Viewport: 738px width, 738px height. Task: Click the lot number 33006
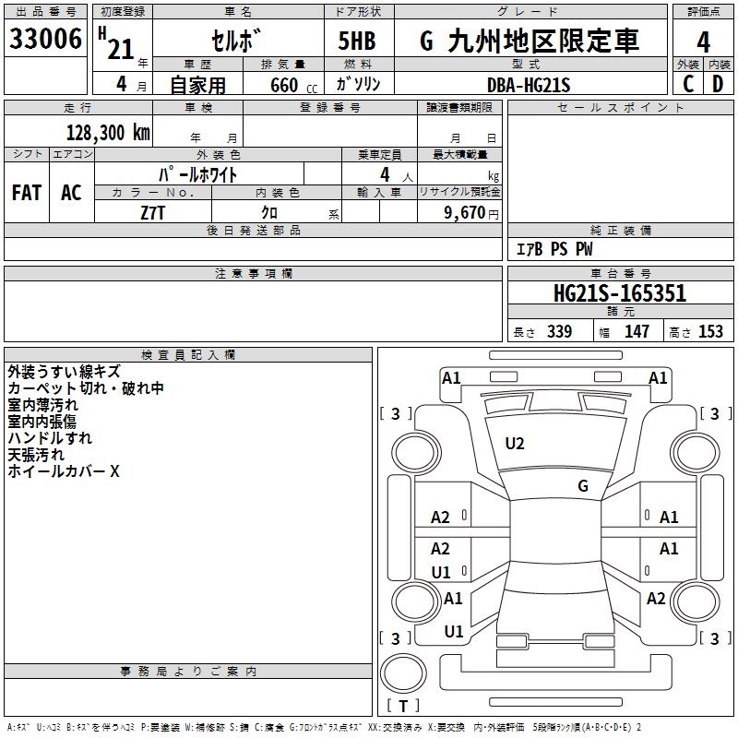tap(45, 40)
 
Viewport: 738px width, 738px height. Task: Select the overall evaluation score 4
tap(704, 42)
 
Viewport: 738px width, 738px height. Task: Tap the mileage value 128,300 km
tap(108, 133)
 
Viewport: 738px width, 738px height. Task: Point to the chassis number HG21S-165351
tap(620, 294)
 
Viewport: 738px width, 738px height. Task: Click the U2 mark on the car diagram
tap(515, 444)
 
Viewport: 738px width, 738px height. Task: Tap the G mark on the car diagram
tap(583, 486)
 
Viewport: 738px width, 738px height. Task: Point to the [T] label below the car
tap(403, 706)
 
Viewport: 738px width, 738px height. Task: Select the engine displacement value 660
tap(284, 86)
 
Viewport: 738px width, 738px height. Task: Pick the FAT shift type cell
tap(27, 193)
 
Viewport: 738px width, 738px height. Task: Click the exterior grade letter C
tap(688, 85)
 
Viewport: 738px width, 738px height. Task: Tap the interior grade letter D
tap(718, 85)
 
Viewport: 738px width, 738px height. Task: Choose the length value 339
tap(558, 332)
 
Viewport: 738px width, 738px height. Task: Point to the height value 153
tap(710, 332)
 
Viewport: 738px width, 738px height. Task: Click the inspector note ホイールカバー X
tap(64, 471)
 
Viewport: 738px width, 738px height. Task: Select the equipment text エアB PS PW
tap(554, 249)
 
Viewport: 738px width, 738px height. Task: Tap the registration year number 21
tap(121, 49)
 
